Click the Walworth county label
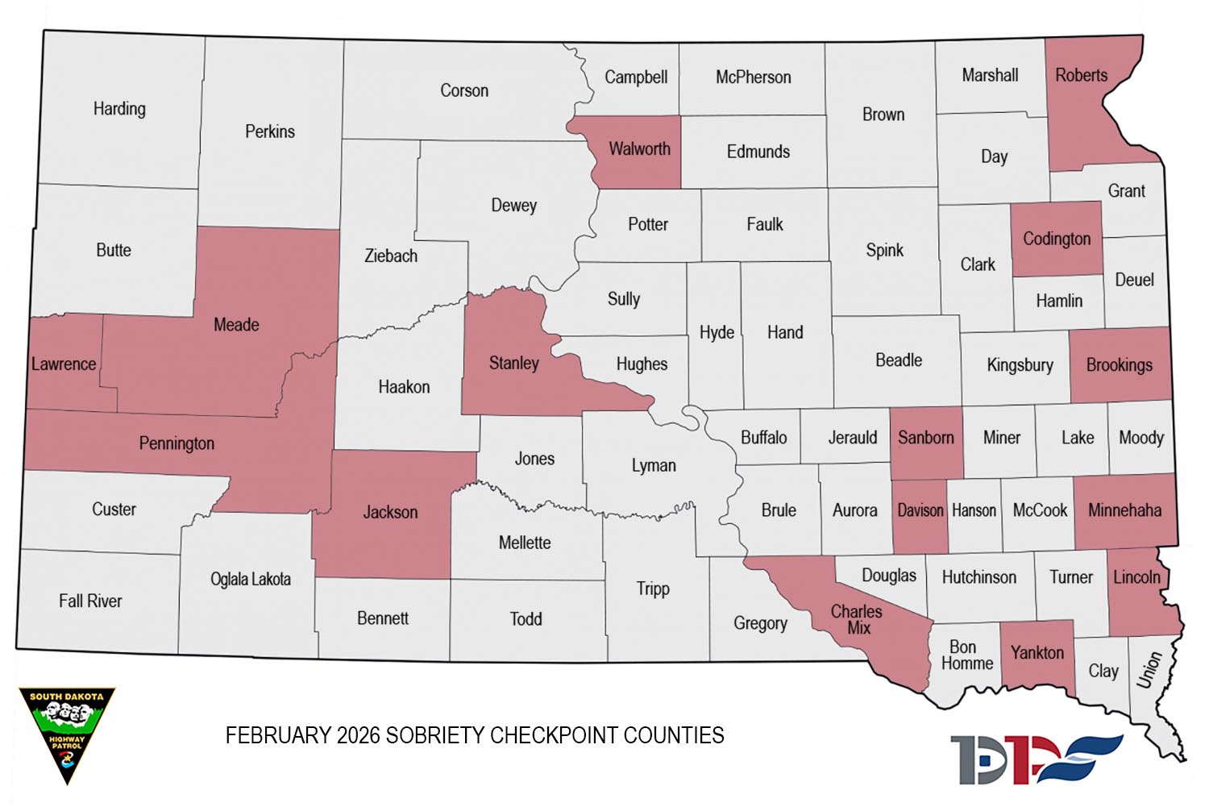(639, 149)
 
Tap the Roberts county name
(1081, 76)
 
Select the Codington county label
(1056, 239)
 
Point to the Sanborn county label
(925, 438)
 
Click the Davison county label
(920, 510)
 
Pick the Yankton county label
(1037, 653)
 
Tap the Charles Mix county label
(857, 619)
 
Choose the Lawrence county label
(64, 364)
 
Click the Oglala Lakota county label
(250, 580)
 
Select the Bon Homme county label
(966, 655)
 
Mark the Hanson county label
(974, 510)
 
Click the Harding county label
(119, 109)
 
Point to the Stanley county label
(513, 364)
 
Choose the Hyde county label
(717, 333)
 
